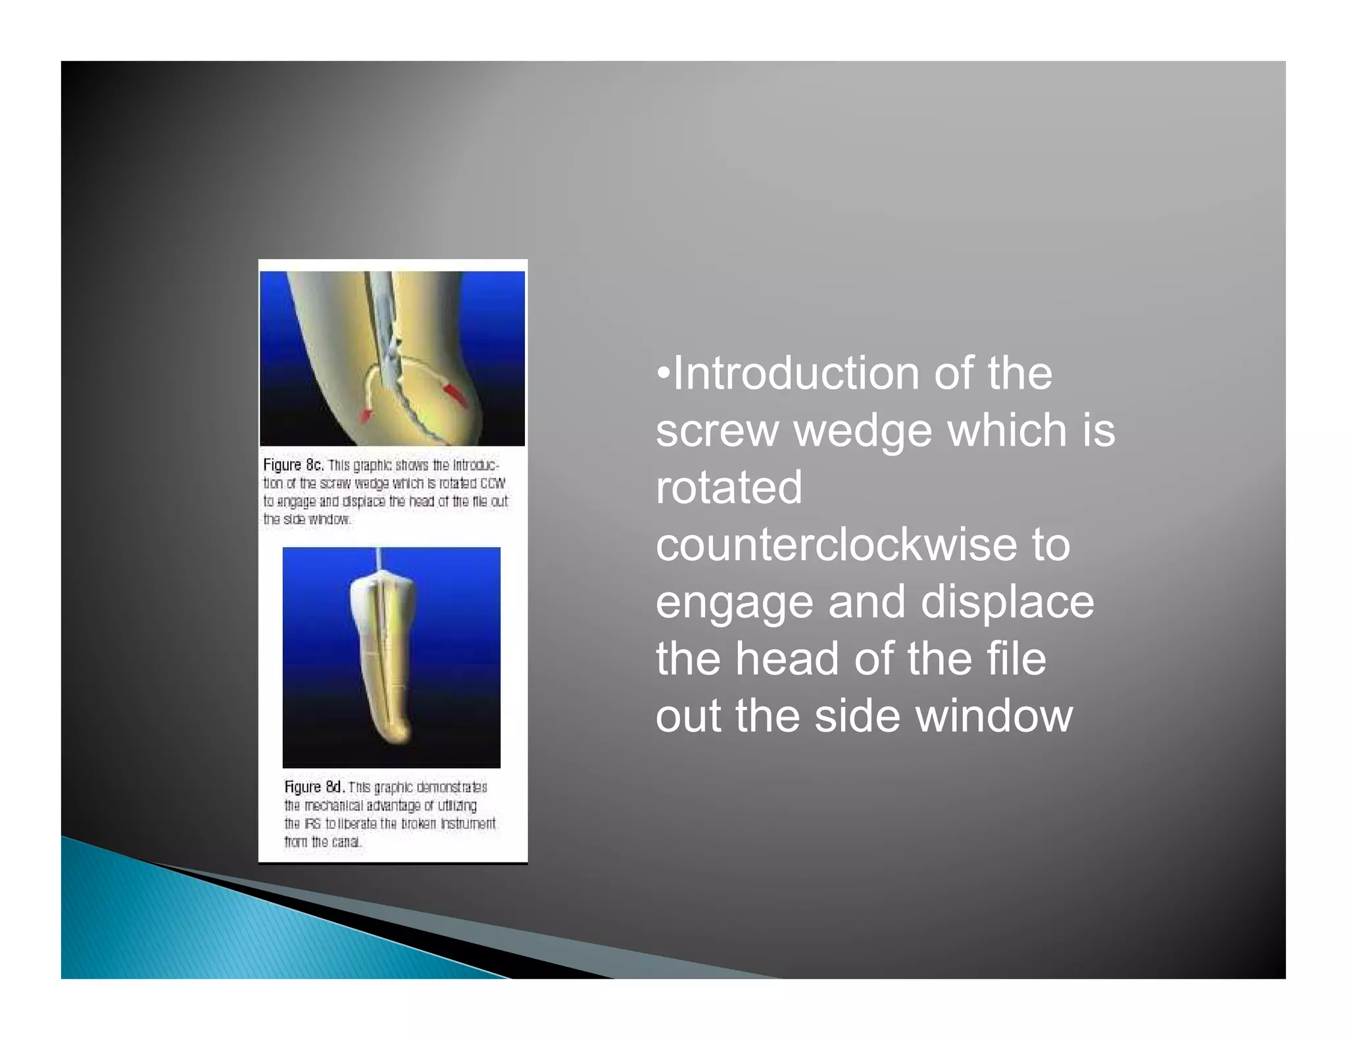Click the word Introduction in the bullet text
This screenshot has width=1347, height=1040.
795,373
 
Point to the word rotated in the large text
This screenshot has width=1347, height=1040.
729,488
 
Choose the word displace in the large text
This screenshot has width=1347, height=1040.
1006,602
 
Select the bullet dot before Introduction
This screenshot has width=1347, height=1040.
663,373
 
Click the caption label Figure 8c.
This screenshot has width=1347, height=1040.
293,465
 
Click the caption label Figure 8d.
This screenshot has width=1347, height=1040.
314,787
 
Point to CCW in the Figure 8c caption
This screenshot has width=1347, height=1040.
493,483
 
